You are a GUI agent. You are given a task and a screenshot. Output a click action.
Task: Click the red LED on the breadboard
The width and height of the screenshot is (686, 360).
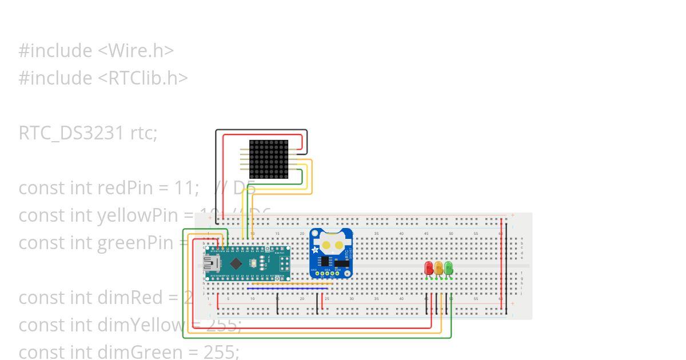[429, 267]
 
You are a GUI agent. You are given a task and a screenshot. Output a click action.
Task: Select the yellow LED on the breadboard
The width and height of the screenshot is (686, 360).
[438, 267]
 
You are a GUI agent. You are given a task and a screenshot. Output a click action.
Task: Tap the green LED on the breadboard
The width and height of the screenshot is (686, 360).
[449, 267]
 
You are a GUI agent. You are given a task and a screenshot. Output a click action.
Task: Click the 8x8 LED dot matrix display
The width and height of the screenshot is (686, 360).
[269, 159]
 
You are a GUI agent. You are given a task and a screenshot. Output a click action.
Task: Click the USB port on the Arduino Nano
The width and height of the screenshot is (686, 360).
[209, 263]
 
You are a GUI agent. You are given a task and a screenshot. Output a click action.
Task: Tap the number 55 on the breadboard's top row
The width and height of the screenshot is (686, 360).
[476, 233]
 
